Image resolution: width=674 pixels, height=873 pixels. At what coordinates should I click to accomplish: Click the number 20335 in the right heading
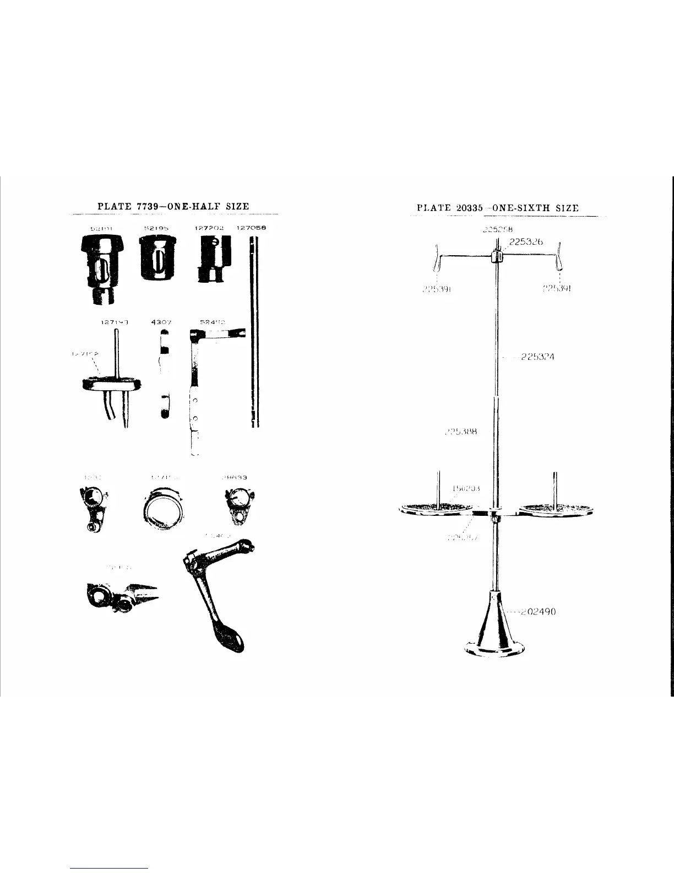coord(470,208)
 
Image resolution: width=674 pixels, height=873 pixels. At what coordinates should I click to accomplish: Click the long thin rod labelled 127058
coord(253,331)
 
